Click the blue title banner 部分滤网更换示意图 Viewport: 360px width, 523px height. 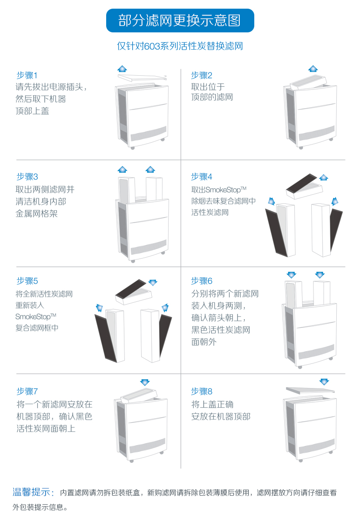(x=180, y=21)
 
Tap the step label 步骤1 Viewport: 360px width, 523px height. (x=27, y=75)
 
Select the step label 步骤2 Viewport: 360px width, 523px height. (x=201, y=75)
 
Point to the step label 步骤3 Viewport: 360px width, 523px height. (x=27, y=176)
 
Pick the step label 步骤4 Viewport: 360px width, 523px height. (x=201, y=176)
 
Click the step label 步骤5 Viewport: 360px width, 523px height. (x=27, y=280)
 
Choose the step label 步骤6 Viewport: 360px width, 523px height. (x=201, y=280)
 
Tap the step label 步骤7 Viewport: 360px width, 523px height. (x=27, y=391)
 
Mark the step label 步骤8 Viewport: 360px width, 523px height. (x=201, y=391)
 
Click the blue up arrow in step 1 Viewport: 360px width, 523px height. (x=122, y=68)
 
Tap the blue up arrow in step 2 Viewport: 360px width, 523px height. (x=313, y=68)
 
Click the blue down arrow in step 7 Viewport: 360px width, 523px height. (x=145, y=382)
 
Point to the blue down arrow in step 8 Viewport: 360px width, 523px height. (x=324, y=381)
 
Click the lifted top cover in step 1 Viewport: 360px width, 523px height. (x=141, y=78)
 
